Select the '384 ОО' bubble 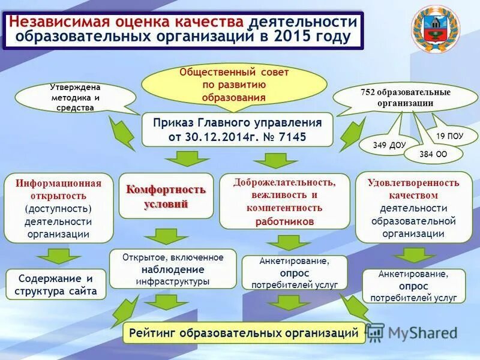coord(433,154)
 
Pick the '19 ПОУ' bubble coord(449,136)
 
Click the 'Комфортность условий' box coord(166,196)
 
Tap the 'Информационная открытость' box coord(59,208)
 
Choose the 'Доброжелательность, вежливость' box coord(284,201)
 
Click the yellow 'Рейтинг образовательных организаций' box coord(244,332)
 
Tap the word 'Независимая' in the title coord(59,22)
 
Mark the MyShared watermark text coord(422,332)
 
